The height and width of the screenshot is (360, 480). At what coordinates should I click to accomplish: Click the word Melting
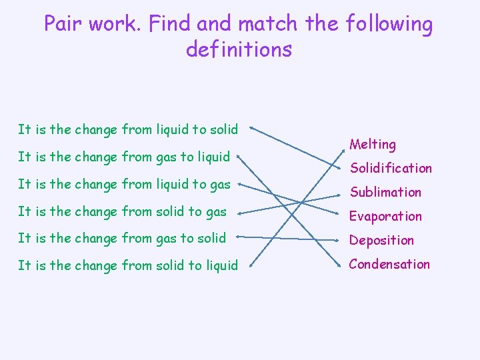point(373,144)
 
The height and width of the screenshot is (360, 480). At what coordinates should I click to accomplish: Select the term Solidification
point(391,168)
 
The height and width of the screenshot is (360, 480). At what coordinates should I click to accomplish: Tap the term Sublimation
point(385,192)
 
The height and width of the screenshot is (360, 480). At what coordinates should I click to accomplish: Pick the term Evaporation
point(386,216)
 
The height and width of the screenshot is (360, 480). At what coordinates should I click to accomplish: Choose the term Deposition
point(381,240)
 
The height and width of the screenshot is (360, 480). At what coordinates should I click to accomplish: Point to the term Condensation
point(389,264)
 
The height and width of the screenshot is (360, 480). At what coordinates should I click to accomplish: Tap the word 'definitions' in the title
point(239,49)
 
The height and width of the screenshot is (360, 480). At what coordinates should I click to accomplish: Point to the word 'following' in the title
point(389,24)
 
